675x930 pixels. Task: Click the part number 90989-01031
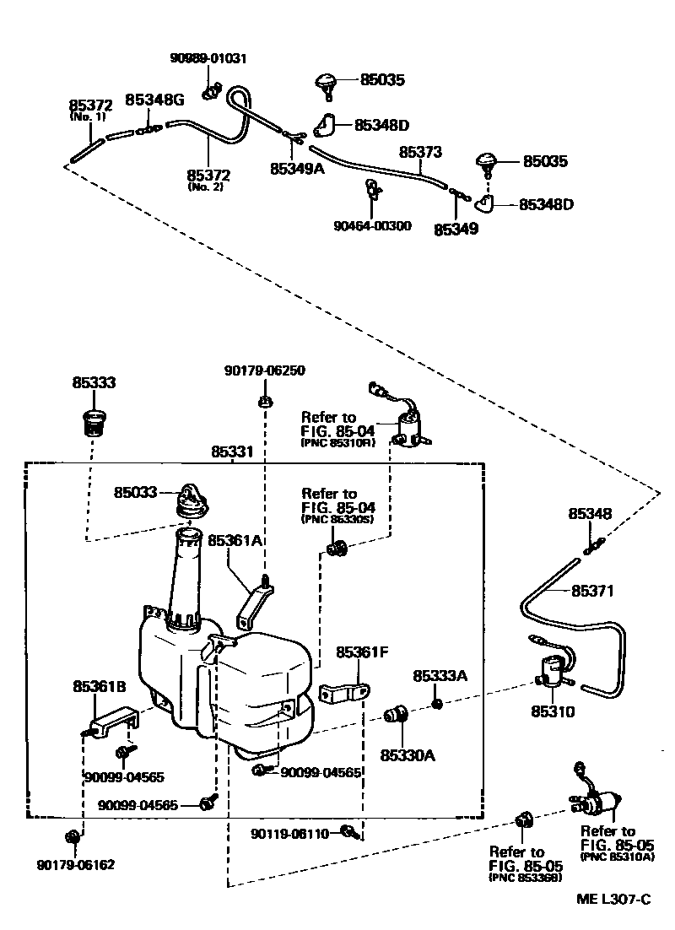(x=208, y=58)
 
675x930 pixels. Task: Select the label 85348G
(x=154, y=100)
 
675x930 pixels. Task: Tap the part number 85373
(x=420, y=152)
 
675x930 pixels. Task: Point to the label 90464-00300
(x=372, y=225)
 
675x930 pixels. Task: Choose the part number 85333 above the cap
(x=93, y=382)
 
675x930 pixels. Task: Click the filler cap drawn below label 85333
(x=93, y=419)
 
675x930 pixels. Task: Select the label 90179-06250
(x=264, y=370)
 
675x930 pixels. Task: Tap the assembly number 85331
(x=231, y=452)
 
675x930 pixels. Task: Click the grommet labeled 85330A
(x=396, y=716)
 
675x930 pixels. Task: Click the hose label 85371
(x=594, y=591)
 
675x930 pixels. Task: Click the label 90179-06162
(x=76, y=865)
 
